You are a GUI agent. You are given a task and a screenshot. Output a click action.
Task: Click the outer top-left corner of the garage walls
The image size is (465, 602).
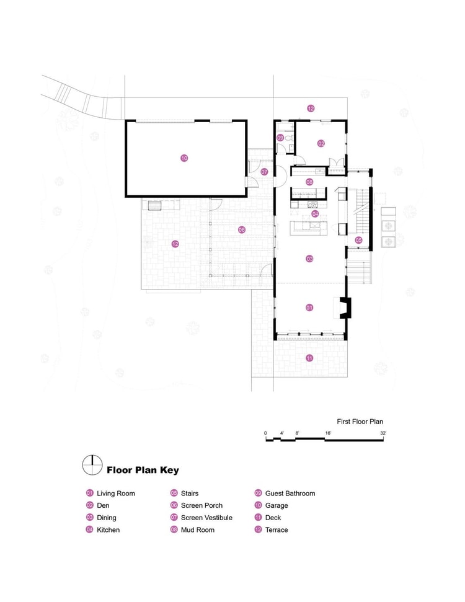125,120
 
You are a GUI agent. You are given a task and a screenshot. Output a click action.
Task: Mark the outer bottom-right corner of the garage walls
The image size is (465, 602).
247,197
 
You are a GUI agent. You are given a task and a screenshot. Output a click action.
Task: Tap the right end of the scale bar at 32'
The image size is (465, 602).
383,440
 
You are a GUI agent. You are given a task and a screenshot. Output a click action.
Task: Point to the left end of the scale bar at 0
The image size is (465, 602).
266,440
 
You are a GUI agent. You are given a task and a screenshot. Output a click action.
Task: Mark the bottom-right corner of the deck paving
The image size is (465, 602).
347,377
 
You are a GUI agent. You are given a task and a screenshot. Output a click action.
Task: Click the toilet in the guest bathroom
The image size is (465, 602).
290,138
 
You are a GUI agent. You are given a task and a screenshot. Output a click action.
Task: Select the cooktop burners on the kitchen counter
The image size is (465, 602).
312,205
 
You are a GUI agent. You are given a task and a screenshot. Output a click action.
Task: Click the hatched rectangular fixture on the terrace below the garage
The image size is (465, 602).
155,206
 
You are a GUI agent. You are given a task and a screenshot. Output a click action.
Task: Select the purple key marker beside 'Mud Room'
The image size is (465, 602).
174,529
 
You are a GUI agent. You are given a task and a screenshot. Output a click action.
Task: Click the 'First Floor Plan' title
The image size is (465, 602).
360,422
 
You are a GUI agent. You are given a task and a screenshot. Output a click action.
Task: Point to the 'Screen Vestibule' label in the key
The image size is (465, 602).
206,518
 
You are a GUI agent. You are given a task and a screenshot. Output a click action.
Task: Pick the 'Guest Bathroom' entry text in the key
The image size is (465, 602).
290,494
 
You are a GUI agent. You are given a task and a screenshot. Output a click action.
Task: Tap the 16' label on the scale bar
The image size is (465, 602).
329,433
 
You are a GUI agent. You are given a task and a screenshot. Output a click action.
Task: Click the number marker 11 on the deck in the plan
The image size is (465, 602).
309,358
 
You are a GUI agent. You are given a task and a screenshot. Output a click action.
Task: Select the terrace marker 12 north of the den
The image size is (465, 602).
311,108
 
